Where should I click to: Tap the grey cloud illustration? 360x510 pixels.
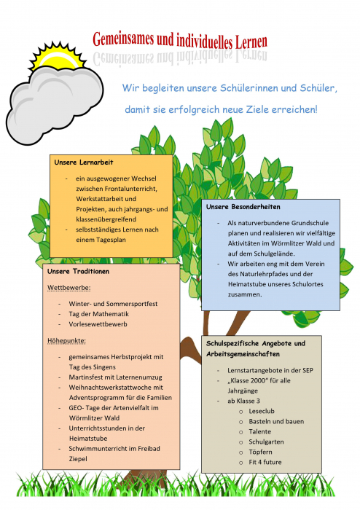coord(54,104)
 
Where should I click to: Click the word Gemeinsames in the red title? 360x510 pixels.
coord(123,39)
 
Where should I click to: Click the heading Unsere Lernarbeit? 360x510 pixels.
coord(84,162)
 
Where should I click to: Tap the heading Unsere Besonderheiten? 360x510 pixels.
coord(243,206)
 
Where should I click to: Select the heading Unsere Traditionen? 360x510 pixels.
coord(78,271)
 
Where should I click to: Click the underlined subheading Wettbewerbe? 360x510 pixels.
coord(69,288)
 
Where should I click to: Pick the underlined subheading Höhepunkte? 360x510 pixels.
coord(66,341)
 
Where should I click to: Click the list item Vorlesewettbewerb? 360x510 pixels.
coord(98,324)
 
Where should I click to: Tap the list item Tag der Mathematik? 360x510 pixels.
coord(98,314)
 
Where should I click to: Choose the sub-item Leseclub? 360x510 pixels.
coord(262,411)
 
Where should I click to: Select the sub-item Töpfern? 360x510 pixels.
coord(260,452)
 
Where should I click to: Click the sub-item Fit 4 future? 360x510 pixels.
coord(265,462)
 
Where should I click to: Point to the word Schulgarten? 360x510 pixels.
coord(266,442)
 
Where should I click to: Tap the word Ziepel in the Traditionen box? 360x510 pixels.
coord(78,459)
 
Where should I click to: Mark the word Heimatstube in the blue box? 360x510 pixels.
coord(246,284)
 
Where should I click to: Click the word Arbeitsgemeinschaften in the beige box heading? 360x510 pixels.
coord(243,354)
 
